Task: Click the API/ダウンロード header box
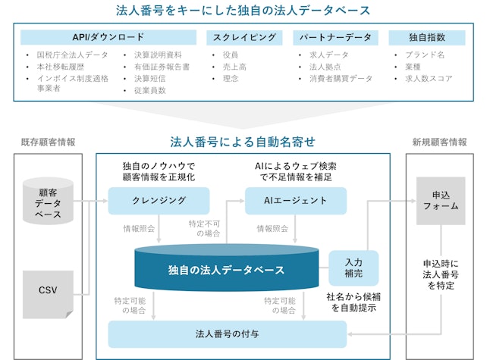pos(109,36)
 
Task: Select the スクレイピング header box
pos(244,36)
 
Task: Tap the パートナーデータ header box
pos(334,36)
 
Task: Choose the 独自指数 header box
pos(426,36)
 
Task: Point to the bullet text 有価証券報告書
pos(162,67)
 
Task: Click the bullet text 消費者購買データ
pos(341,78)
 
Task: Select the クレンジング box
pos(158,201)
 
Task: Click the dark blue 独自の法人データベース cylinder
pos(225,269)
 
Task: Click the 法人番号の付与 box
pos(227,333)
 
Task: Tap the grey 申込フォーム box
pos(440,201)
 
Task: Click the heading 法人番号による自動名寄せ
pos(243,142)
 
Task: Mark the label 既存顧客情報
pos(48,142)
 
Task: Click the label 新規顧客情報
pos(440,142)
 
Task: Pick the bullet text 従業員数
pos(149,89)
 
